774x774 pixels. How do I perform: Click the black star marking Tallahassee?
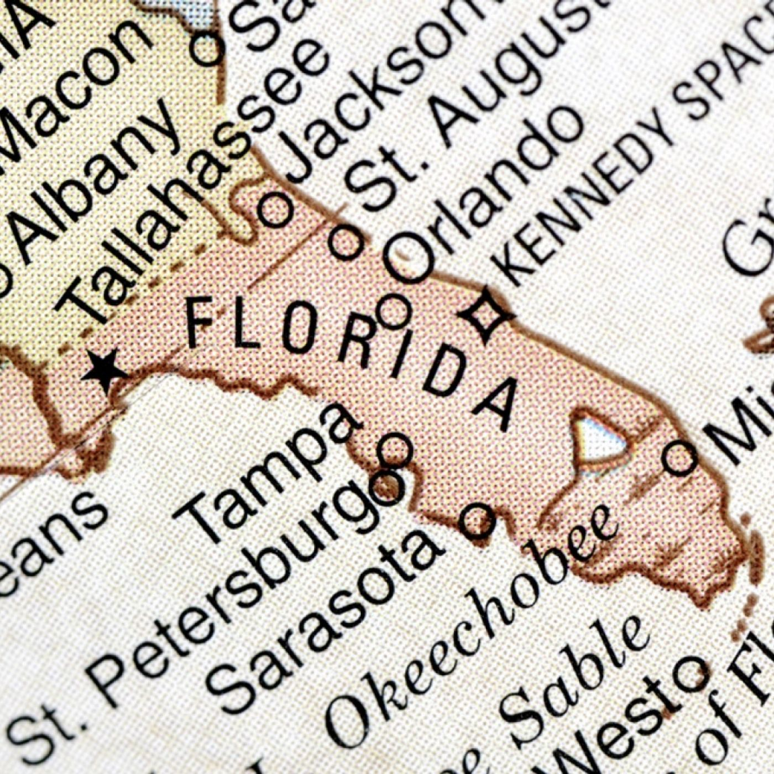[104, 371]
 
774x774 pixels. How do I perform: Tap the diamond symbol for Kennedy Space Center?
[487, 314]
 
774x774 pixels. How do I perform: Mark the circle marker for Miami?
[679, 458]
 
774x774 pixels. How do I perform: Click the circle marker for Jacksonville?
[275, 209]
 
